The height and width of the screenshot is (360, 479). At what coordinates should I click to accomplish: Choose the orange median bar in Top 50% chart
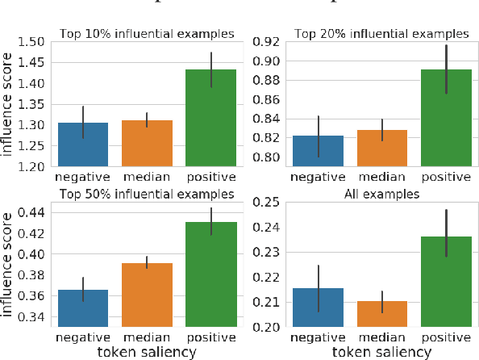tap(146, 295)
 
